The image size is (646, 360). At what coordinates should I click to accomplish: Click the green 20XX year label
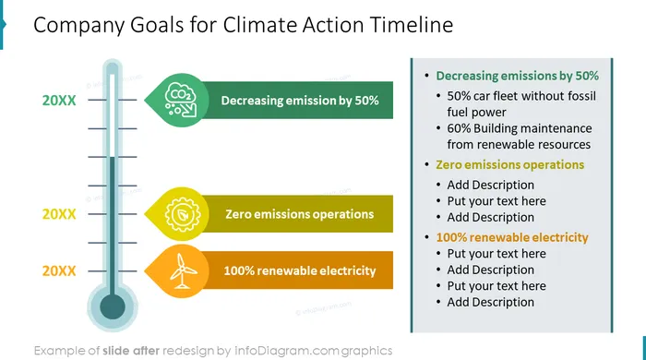tap(59, 100)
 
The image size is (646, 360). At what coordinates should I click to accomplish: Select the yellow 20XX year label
tap(59, 214)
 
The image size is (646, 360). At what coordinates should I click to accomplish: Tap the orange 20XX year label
tap(59, 271)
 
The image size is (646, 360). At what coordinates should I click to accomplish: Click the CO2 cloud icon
tap(181, 100)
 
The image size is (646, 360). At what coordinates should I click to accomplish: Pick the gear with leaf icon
tap(183, 214)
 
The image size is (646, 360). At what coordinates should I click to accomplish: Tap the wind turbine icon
tap(183, 271)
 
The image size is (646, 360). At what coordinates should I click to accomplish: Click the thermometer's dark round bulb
tap(113, 306)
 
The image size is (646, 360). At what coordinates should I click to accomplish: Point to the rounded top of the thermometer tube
tap(113, 66)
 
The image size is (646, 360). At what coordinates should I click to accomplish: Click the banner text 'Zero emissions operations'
tap(300, 214)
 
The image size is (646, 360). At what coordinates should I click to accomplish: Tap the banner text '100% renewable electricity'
tap(300, 271)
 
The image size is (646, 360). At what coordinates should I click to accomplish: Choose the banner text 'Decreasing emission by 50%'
tap(300, 101)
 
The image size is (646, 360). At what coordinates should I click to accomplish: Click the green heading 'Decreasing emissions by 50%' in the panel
tap(517, 76)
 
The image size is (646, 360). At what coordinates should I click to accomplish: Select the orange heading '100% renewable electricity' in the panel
tap(512, 237)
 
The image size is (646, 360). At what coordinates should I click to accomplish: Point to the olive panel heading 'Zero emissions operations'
tap(510, 164)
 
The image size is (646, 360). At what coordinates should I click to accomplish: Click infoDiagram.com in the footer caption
tap(286, 351)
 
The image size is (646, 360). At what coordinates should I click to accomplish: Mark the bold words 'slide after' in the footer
tap(131, 351)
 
